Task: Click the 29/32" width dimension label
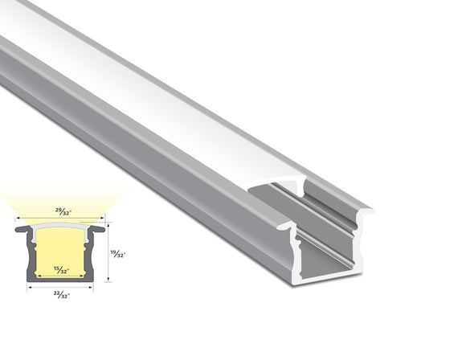[x=62, y=212]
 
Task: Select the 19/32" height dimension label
[x=117, y=252]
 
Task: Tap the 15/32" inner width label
[x=61, y=268]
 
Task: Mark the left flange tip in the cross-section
[x=18, y=229]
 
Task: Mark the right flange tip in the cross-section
[x=103, y=229]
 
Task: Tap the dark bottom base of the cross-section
[x=61, y=280]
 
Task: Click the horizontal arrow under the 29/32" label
[x=61, y=219]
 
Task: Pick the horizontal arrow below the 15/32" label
[x=61, y=274]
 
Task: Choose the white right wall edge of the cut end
[x=355, y=241]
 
